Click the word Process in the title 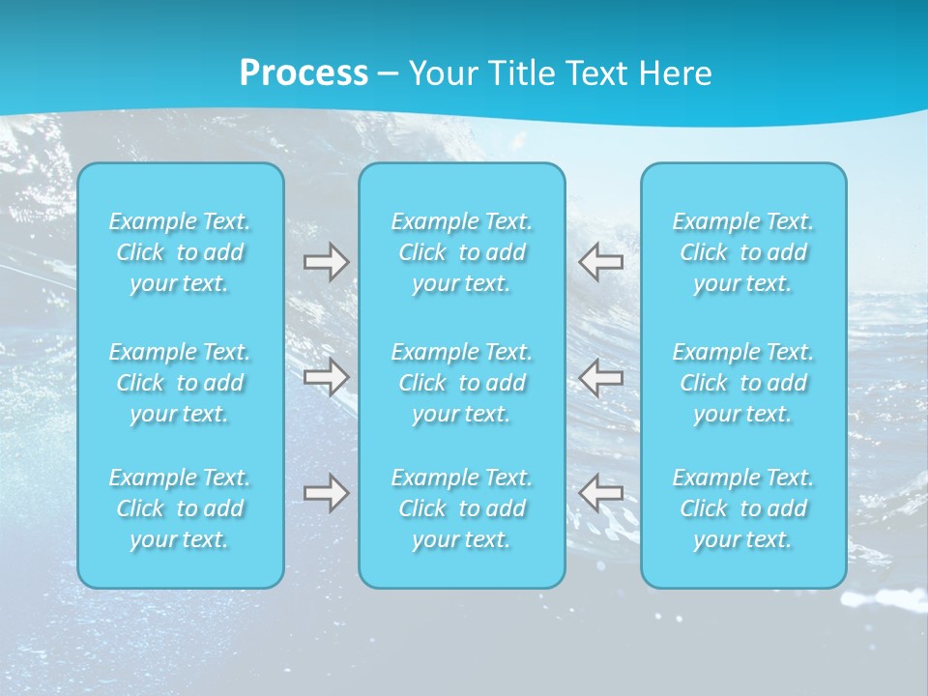(304, 73)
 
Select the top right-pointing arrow (326, 262)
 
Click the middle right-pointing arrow (326, 377)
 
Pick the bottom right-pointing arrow (326, 493)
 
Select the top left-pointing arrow (600, 262)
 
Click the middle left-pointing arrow (600, 377)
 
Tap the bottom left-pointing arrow (600, 493)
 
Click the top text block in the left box (180, 252)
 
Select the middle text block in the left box (180, 383)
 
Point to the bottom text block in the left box (180, 508)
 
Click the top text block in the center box (462, 252)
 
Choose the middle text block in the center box (462, 383)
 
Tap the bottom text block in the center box (462, 508)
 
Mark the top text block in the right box (743, 252)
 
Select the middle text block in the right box (743, 383)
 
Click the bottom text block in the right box (743, 508)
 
